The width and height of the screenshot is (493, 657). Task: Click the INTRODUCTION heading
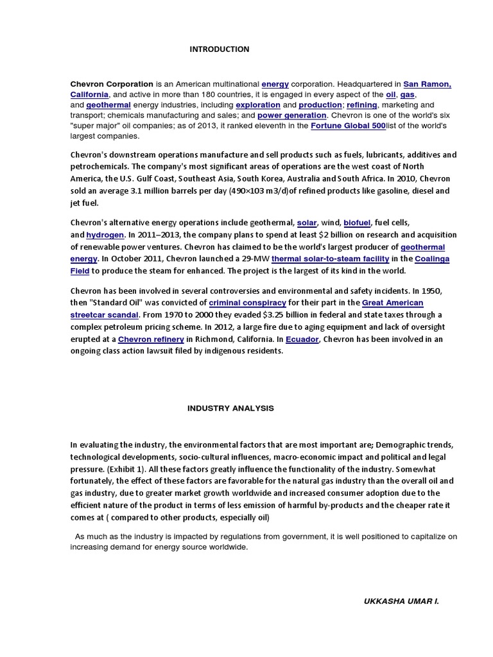219,49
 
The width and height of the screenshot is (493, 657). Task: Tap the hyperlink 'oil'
390,94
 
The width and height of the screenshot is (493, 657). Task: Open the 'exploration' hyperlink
257,105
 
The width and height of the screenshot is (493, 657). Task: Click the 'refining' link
362,105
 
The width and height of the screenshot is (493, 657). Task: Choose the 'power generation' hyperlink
291,115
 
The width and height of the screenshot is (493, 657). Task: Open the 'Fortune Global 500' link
348,126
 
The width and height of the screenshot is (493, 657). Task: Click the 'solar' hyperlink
307,223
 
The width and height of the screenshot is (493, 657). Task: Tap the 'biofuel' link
357,223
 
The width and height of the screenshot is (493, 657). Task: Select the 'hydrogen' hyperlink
105,235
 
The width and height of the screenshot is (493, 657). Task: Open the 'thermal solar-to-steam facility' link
330,259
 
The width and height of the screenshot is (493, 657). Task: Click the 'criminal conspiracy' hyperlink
248,302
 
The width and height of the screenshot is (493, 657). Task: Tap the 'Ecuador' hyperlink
302,339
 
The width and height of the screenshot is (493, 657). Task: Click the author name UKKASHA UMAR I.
401,602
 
